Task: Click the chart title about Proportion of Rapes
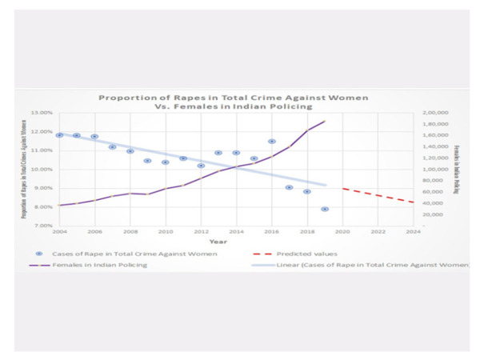pos(233,102)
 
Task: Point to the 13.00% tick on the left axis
pos(42,114)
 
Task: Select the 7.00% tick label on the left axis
pos(42,226)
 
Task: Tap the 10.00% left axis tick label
pos(42,170)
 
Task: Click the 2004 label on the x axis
pos(59,232)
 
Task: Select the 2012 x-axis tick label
pos(201,232)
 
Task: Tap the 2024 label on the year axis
pos(413,232)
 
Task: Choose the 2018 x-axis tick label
pos(306,232)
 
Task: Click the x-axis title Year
pos(218,242)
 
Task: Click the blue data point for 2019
pos(325,209)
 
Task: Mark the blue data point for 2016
pos(272,142)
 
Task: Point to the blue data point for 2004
pos(59,135)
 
